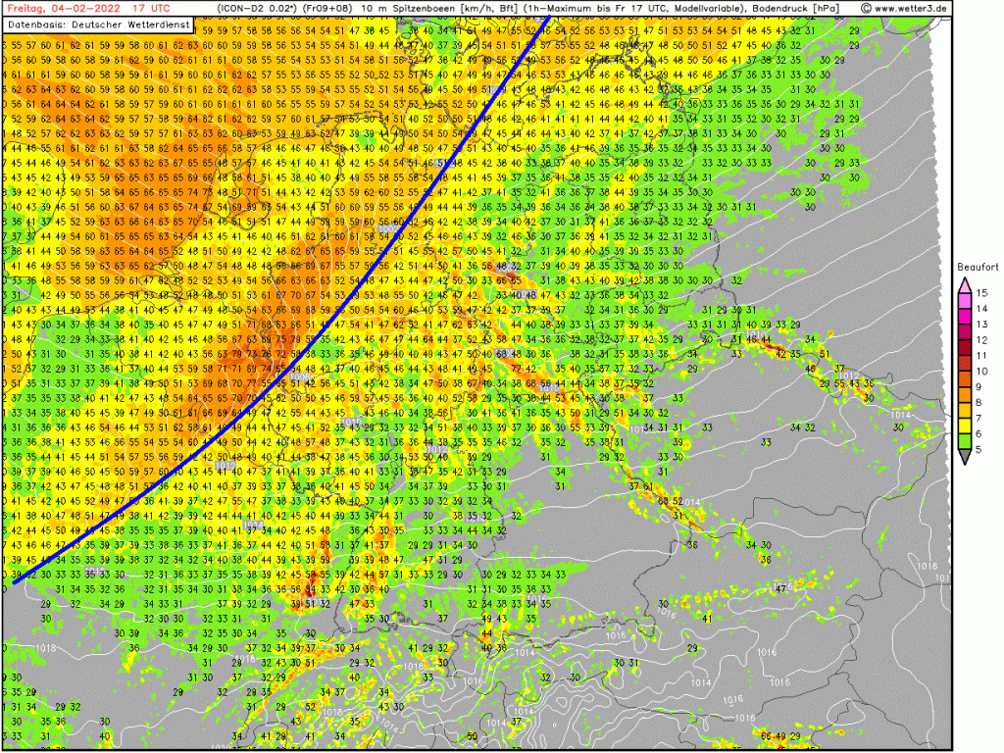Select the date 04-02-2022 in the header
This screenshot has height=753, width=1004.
(x=80, y=7)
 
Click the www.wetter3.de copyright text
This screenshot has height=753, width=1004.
(x=904, y=7)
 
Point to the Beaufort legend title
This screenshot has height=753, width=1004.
(x=979, y=267)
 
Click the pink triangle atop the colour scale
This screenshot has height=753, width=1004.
(x=966, y=283)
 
